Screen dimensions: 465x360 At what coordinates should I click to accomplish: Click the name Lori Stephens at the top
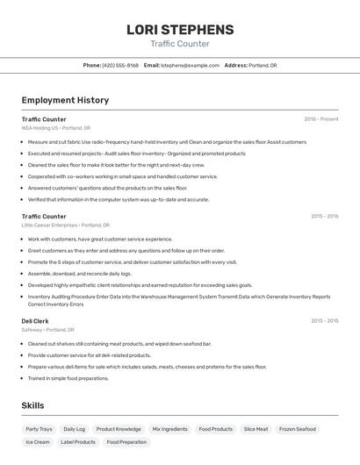(180, 30)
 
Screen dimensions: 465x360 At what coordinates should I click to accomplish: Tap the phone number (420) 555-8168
(120, 66)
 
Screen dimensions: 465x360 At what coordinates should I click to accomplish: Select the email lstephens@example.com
(190, 66)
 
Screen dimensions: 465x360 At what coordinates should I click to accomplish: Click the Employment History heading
(65, 101)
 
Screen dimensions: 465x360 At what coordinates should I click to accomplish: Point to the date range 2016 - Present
(321, 119)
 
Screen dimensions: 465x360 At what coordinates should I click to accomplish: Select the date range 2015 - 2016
(324, 217)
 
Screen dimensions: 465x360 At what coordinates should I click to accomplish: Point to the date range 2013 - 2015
(324, 321)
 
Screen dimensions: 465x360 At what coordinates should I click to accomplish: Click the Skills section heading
(32, 406)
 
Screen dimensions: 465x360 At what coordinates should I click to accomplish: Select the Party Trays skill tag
(39, 430)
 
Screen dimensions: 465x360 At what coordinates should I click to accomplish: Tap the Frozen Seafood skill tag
(297, 430)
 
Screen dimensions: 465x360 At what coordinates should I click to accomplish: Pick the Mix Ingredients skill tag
(169, 430)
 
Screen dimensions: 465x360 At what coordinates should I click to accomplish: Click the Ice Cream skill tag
(38, 442)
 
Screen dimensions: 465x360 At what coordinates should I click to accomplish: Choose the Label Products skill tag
(78, 442)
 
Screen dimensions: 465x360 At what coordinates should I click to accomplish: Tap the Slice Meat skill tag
(256, 430)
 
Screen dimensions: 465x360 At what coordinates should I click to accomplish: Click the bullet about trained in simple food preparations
(68, 378)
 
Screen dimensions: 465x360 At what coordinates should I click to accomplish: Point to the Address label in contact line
(235, 66)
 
